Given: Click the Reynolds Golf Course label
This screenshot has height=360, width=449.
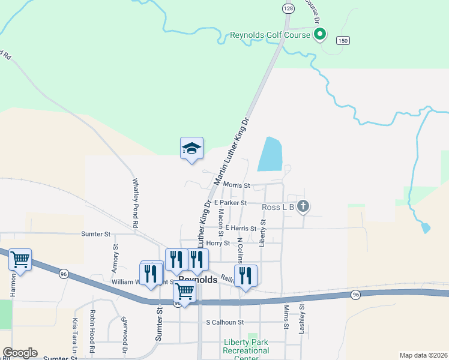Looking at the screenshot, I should (x=270, y=35).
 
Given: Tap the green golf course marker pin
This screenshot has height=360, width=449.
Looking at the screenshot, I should (x=320, y=34).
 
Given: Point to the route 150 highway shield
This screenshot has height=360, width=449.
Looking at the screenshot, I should (x=342, y=40).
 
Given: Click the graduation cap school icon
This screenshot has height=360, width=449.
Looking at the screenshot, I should (x=191, y=149).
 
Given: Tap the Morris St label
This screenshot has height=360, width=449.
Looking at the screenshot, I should (x=236, y=185).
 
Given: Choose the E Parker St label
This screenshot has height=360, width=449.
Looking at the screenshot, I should (x=226, y=203).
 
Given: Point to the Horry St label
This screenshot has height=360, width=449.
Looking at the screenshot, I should (x=218, y=243).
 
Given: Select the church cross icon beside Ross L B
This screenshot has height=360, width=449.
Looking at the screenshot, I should (x=303, y=207).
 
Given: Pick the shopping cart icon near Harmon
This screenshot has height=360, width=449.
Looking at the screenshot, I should (x=20, y=260).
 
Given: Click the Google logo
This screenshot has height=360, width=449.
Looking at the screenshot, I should (x=19, y=353).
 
